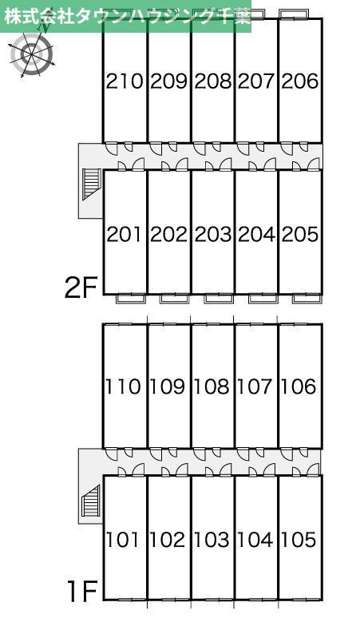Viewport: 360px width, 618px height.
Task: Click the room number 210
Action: [x=125, y=81]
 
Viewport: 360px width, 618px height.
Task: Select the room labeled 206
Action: [x=300, y=81]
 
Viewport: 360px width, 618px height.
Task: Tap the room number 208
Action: [x=212, y=81]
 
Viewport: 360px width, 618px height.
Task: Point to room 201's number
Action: [x=125, y=234]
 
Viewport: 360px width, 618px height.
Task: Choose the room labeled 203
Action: [x=212, y=234]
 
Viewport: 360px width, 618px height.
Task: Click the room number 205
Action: [x=300, y=234]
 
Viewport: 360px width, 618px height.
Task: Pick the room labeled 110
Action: [x=122, y=386]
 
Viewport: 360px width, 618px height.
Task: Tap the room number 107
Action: [x=255, y=386]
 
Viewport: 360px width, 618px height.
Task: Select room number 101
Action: [x=122, y=540]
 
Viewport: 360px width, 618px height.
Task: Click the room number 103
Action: [x=211, y=540]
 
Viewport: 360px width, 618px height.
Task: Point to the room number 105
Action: [x=299, y=540]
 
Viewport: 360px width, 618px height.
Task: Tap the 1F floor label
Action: [x=82, y=592]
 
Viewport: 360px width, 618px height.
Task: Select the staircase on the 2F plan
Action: [x=91, y=184]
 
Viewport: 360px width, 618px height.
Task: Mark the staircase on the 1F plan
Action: [x=91, y=501]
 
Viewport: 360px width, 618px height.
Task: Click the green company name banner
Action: [x=125, y=16]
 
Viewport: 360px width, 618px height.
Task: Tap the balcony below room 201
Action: [x=131, y=299]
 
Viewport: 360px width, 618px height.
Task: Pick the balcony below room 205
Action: [x=307, y=299]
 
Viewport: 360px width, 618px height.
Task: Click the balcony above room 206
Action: [x=294, y=14]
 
